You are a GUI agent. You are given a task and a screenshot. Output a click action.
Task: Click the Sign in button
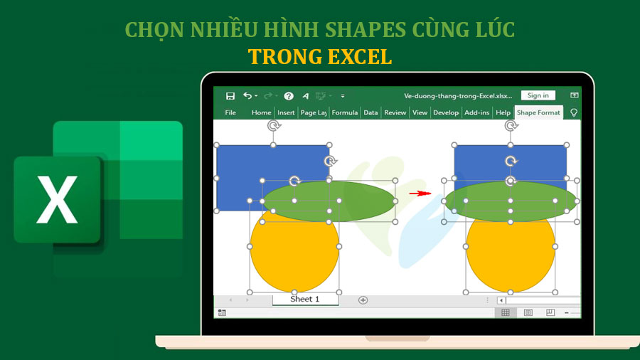click(538, 95)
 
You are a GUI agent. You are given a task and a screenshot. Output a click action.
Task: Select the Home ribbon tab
click(261, 112)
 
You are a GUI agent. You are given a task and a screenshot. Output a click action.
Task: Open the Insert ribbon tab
click(286, 112)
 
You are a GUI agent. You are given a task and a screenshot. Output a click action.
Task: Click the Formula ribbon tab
click(345, 112)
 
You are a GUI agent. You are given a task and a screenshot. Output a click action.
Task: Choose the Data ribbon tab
click(370, 112)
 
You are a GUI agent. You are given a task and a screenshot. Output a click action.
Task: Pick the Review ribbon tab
click(395, 112)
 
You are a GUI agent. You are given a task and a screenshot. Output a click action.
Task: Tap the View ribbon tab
click(420, 112)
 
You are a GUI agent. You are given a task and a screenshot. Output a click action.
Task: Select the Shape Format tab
click(538, 112)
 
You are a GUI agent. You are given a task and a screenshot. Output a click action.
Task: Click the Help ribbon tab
click(503, 112)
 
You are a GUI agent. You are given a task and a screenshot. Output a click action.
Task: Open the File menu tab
click(230, 112)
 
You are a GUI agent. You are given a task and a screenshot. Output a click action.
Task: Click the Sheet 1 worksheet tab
click(304, 300)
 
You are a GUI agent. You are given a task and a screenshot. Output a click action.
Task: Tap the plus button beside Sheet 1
click(363, 300)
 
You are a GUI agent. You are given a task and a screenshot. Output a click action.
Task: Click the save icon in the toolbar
click(230, 96)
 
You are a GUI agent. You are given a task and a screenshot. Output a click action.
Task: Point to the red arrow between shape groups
click(420, 193)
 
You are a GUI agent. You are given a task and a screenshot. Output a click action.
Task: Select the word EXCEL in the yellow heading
click(353, 56)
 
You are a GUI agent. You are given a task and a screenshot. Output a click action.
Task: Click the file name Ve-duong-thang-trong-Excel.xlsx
click(458, 95)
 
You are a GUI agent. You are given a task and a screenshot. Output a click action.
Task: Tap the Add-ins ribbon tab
click(476, 112)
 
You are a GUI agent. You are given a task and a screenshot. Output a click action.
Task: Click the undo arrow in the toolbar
click(247, 96)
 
